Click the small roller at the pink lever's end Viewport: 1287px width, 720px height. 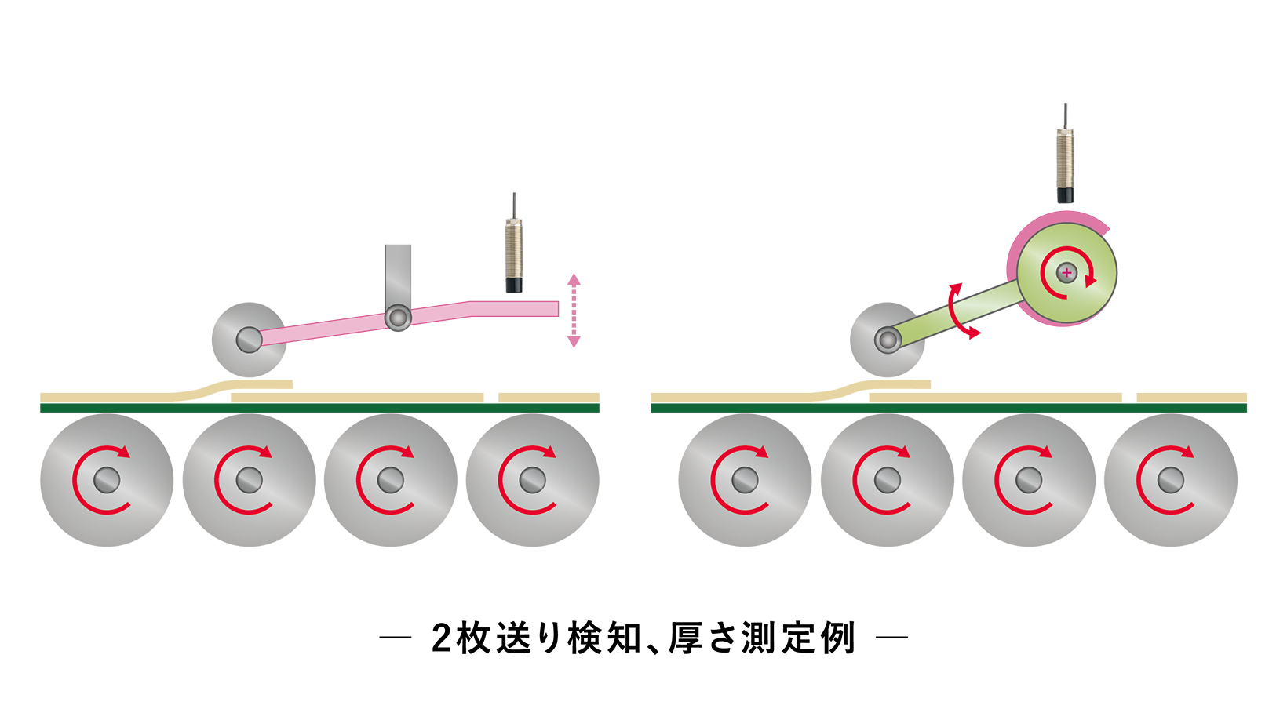[249, 340]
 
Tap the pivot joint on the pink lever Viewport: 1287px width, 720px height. [398, 318]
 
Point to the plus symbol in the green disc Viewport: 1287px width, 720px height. [1066, 272]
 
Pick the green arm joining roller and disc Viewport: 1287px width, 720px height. [957, 314]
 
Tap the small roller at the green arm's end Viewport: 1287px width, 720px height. [888, 340]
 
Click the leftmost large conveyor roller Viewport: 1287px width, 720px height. [107, 480]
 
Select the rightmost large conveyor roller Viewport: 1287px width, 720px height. [1170, 480]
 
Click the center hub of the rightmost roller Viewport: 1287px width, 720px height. [1170, 479]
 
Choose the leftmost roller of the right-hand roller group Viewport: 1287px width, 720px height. [745, 480]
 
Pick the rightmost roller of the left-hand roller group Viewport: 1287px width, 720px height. [532, 480]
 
